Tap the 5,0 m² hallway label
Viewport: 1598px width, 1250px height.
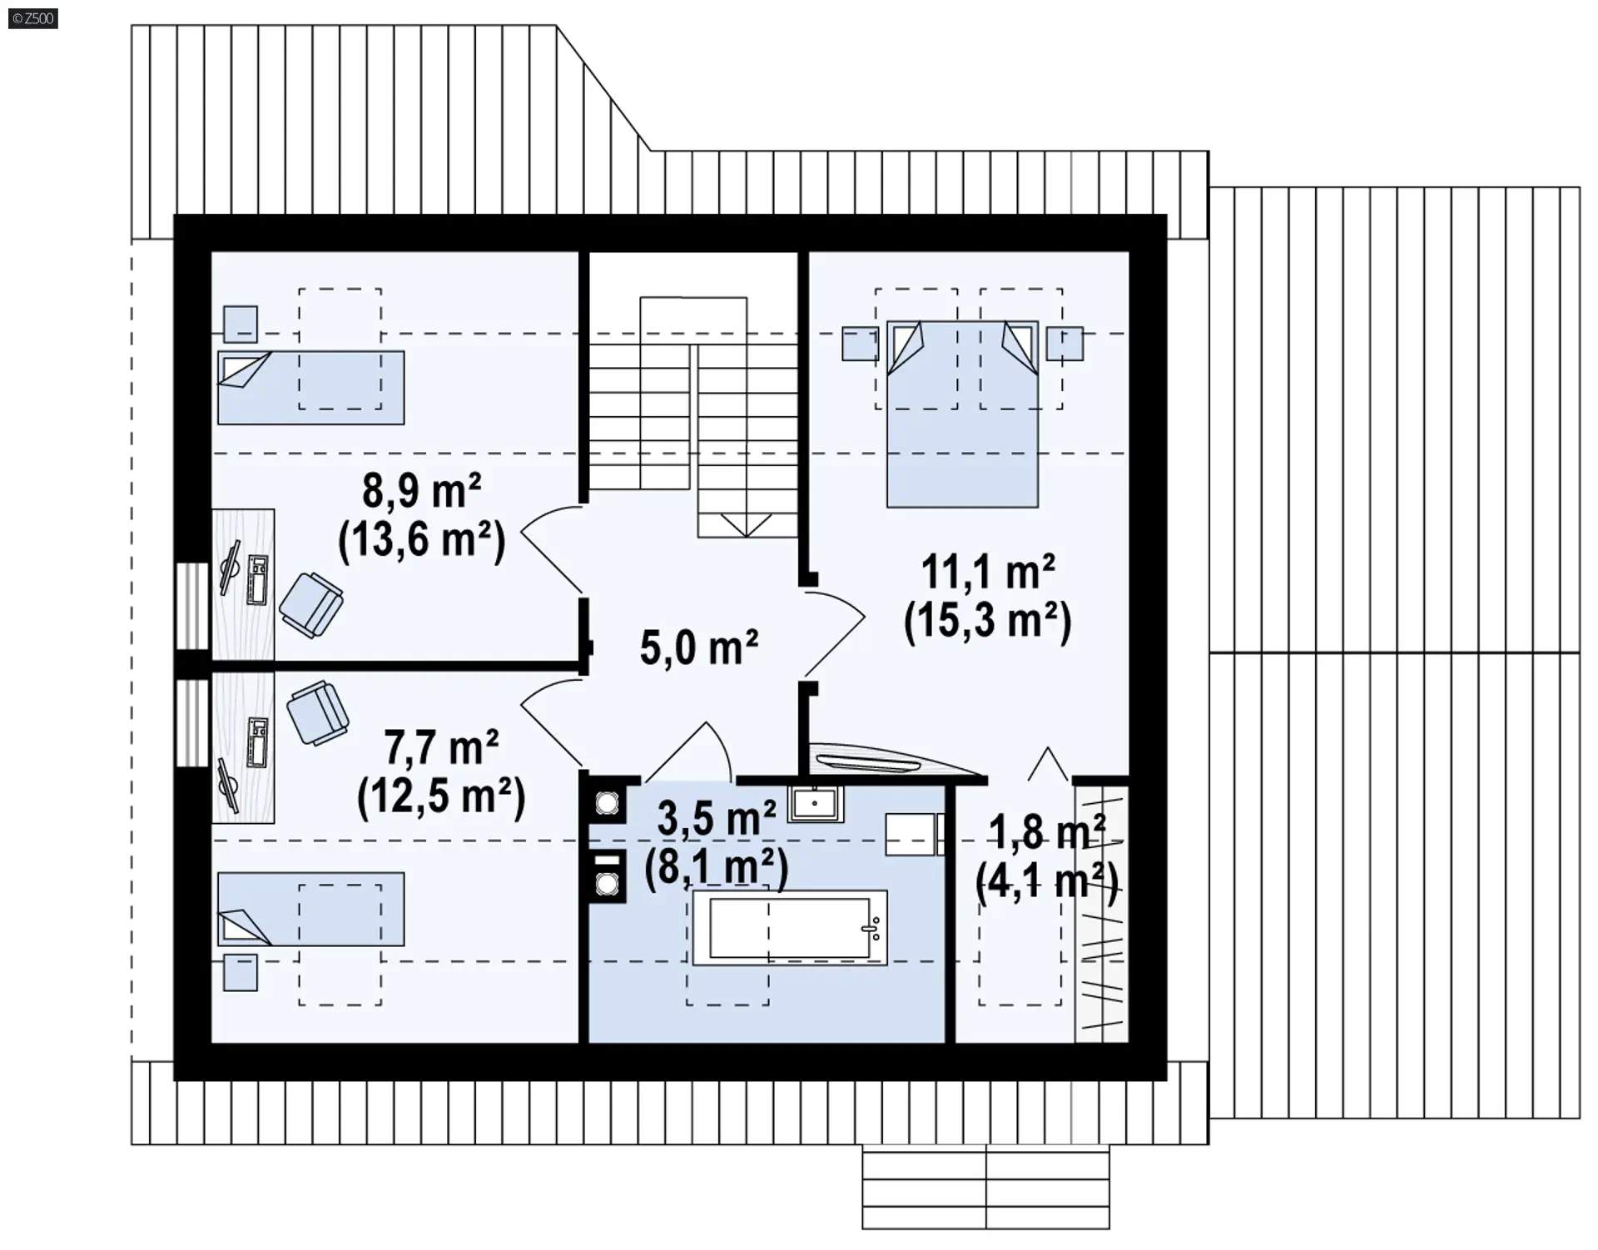(699, 647)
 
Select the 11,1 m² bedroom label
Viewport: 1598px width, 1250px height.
(988, 572)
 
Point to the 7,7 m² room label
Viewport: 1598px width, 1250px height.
(441, 747)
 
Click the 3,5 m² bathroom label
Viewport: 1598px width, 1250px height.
(717, 818)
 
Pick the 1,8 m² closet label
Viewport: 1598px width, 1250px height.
(1047, 832)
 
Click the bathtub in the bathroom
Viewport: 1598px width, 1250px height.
(790, 928)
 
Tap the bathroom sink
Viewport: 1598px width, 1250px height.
(816, 803)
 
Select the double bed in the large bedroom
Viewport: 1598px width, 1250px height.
(962, 414)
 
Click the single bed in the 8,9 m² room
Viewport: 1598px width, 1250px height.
(311, 387)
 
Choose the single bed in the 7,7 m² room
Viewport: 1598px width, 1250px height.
(311, 909)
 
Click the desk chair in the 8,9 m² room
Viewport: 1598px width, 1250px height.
(311, 605)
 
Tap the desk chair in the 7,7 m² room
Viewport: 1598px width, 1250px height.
(317, 713)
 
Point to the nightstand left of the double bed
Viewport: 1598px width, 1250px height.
(860, 344)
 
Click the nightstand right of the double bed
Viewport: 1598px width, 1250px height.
(1065, 344)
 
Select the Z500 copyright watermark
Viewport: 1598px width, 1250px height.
(33, 18)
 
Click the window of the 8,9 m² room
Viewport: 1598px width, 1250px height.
(192, 606)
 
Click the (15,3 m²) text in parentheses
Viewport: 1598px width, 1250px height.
(988, 621)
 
